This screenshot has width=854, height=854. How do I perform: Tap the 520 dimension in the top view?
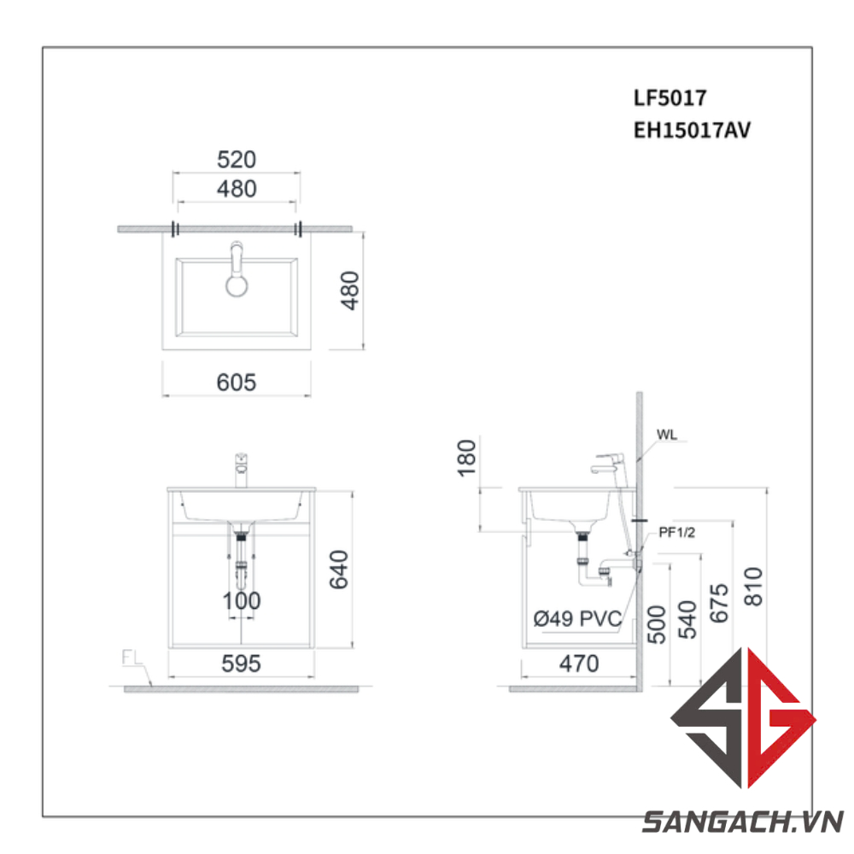236,160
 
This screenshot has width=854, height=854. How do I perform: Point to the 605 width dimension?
236,383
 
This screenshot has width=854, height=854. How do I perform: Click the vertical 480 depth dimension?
351,290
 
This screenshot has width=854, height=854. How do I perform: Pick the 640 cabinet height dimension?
338,570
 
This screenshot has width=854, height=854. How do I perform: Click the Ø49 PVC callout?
576,620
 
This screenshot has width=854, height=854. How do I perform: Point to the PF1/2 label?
677,533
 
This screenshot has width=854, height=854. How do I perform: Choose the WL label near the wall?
667,435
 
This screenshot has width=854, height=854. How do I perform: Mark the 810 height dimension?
754,588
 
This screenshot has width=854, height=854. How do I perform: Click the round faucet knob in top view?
236,284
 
